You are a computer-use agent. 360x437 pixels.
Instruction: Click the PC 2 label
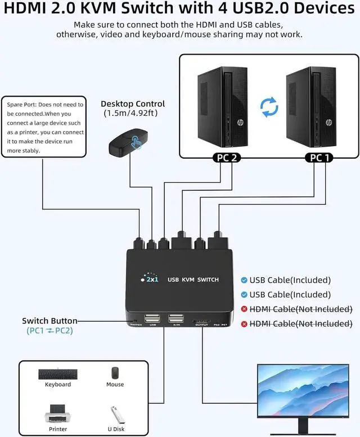[x=226, y=157]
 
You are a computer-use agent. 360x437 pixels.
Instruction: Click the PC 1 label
[x=318, y=157]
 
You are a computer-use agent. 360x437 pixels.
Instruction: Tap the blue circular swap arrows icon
[x=269, y=106]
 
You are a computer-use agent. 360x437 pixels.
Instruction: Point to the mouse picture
[x=115, y=373]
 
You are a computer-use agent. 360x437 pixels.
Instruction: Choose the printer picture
[x=57, y=415]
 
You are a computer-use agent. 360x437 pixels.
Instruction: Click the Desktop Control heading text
[x=133, y=103]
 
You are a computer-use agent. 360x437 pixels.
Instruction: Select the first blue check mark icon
[x=244, y=280]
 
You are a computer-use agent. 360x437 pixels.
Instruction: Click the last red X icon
[x=244, y=323]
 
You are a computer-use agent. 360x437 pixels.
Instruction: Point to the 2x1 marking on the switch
[x=151, y=280]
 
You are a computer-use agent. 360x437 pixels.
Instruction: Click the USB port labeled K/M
[x=176, y=319]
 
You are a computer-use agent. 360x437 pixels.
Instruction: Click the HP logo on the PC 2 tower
[x=224, y=122]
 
